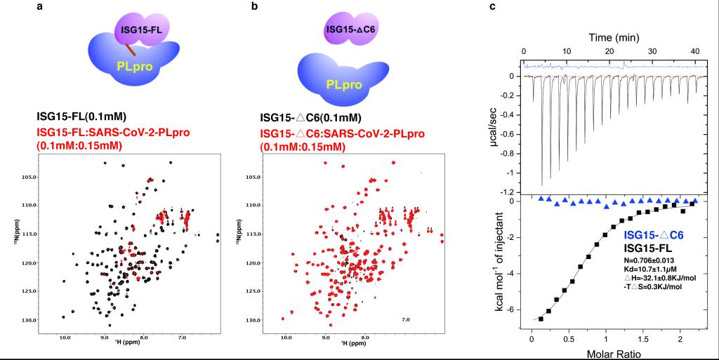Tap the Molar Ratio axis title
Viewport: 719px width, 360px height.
(612, 352)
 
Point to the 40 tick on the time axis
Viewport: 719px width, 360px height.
(695, 53)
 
